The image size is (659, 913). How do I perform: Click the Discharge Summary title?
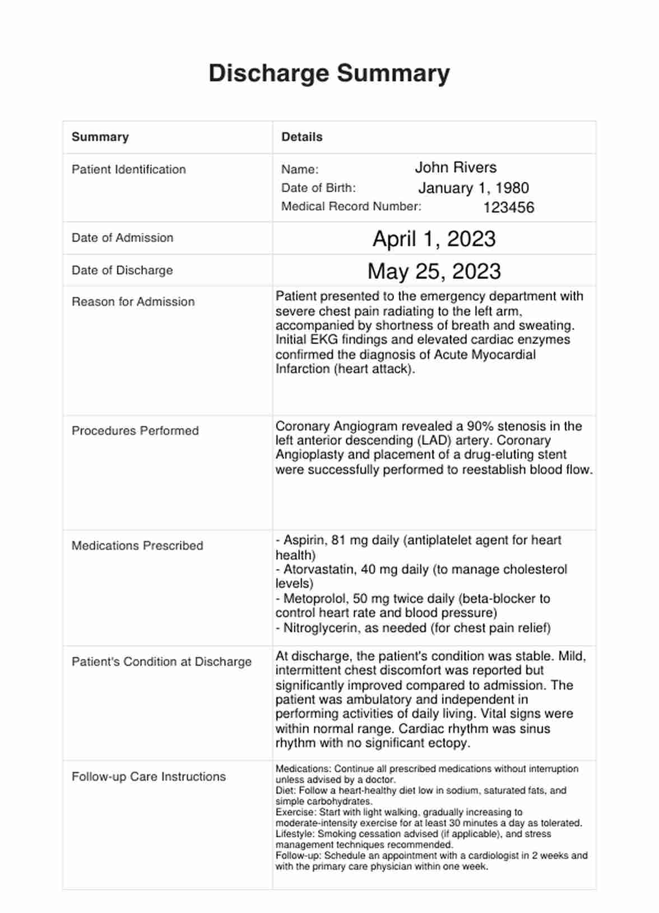[x=329, y=73]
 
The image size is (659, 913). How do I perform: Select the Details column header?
[x=301, y=137]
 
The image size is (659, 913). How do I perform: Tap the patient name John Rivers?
[x=455, y=167]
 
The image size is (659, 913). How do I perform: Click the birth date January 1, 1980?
[x=473, y=188]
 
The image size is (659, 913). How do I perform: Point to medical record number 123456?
[x=508, y=208]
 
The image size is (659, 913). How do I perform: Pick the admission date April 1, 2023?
[x=434, y=239]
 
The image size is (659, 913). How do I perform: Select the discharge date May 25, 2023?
[x=434, y=272]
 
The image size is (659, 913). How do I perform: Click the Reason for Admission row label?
[x=133, y=302]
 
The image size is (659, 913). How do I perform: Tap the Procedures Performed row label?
[x=135, y=431]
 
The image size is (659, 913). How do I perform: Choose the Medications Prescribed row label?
[x=137, y=546]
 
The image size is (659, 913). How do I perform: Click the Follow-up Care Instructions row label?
[x=148, y=777]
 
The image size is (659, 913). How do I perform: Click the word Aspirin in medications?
[x=303, y=541]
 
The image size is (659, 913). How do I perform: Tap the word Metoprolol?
[x=313, y=599]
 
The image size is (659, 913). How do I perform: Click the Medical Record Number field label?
[x=351, y=207]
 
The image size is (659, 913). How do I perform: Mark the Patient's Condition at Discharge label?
[x=161, y=662]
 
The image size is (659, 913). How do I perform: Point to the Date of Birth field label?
[x=318, y=188]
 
